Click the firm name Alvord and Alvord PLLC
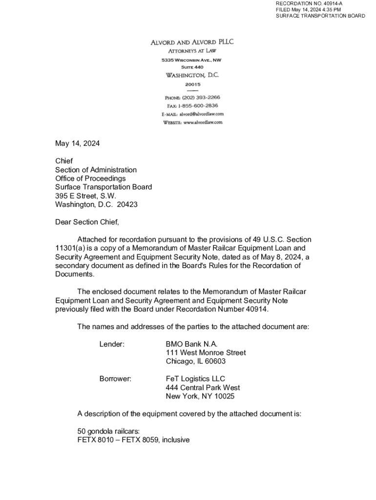pyautogui.click(x=191, y=42)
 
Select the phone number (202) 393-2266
pyautogui.click(x=197, y=97)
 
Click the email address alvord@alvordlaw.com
pyautogui.click(x=202, y=114)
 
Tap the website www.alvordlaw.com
pyautogui.click(x=203, y=122)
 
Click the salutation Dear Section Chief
pyautogui.click(x=87, y=222)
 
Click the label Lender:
pyautogui.click(x=112, y=344)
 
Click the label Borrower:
pyautogui.click(x=115, y=379)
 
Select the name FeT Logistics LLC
pyautogui.click(x=195, y=379)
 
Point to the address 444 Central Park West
pyautogui.click(x=203, y=388)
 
